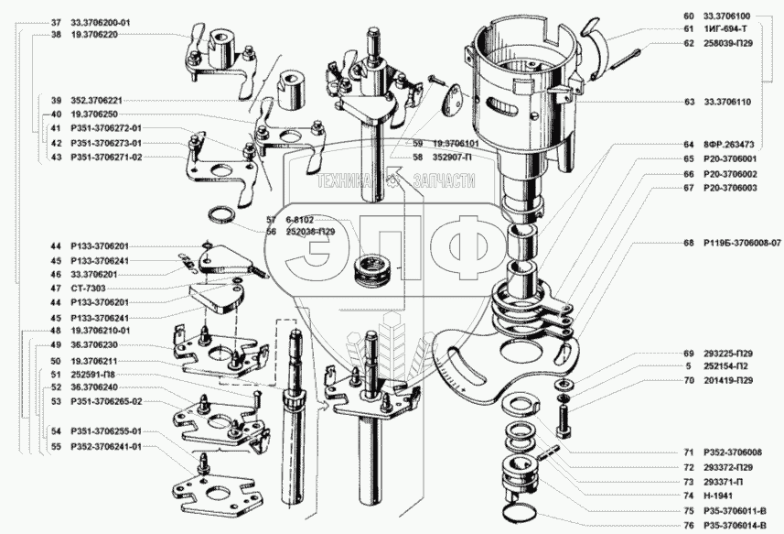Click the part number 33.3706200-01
(101, 23)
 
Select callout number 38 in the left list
(56, 36)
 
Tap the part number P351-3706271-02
(106, 158)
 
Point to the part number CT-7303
(88, 289)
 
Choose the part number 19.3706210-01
(101, 331)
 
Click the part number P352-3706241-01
(106, 446)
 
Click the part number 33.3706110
(727, 102)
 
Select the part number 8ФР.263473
(729, 145)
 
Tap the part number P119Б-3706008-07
(742, 244)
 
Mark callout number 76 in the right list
(689, 526)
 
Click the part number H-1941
(717, 496)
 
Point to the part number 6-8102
(300, 220)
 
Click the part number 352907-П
(453, 158)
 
